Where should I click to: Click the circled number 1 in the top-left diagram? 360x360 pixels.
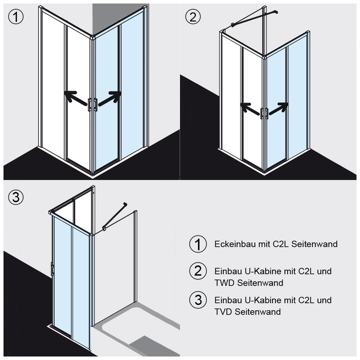pos(16,17)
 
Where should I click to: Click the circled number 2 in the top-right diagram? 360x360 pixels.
pos(193,17)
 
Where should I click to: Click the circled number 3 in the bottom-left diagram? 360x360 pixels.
pos(16,197)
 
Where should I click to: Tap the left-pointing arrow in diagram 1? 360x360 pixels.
pos(76,98)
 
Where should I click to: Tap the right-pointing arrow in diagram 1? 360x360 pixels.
pos(110,98)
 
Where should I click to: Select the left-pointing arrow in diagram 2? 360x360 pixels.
pos(250,108)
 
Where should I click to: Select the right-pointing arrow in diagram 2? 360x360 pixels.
pos(278,108)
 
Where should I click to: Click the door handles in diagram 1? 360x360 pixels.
pos(93,105)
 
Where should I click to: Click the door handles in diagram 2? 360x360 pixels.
pos(264,113)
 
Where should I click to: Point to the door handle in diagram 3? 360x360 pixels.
pos(52,269)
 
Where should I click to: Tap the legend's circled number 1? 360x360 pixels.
pos(198,244)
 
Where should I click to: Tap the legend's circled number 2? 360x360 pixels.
pos(198,271)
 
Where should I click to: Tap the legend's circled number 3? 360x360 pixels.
pos(198,300)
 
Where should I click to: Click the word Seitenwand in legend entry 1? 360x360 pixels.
pos(315,244)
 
